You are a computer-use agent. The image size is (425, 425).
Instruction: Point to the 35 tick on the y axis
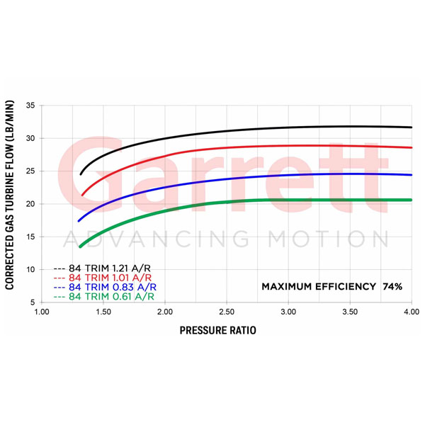click(x=30, y=106)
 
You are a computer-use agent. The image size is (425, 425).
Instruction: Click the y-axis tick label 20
click(x=30, y=204)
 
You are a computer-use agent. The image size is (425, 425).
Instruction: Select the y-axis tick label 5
click(x=33, y=302)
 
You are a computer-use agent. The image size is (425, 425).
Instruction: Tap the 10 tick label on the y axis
click(x=30, y=270)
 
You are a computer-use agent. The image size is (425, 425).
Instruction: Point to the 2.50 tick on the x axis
click(x=226, y=312)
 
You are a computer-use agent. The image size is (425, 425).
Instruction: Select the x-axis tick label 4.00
click(x=411, y=312)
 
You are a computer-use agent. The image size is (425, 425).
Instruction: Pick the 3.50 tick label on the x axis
click(x=349, y=312)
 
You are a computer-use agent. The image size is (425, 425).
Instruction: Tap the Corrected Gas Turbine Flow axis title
click(x=12, y=204)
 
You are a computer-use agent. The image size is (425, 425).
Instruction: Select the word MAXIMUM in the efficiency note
click(x=289, y=287)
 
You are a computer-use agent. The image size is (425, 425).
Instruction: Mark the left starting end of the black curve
click(x=81, y=174)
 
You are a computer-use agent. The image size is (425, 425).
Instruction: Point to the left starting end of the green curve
click(x=80, y=246)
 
